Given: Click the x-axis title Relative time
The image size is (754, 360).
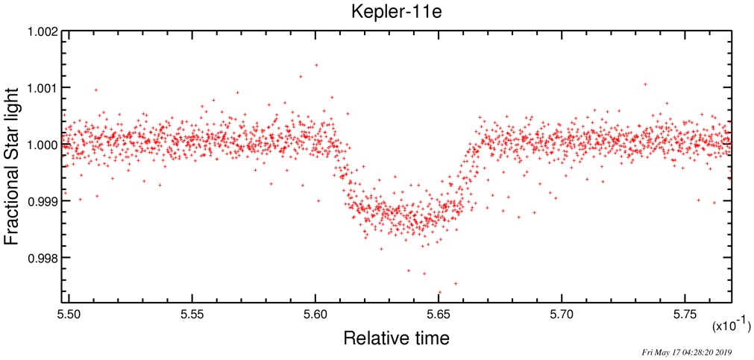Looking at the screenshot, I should [x=395, y=338].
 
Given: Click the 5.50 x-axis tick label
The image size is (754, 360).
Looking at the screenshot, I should [x=69, y=315].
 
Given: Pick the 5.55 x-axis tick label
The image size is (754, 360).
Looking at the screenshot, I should [x=192, y=315].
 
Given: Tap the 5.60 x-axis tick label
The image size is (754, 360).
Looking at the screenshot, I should [x=315, y=315].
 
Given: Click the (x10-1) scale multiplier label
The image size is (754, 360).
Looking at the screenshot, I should [x=732, y=327].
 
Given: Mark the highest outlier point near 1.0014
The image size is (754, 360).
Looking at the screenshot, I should [x=316, y=65].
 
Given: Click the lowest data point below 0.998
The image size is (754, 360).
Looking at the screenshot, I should [x=439, y=291].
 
